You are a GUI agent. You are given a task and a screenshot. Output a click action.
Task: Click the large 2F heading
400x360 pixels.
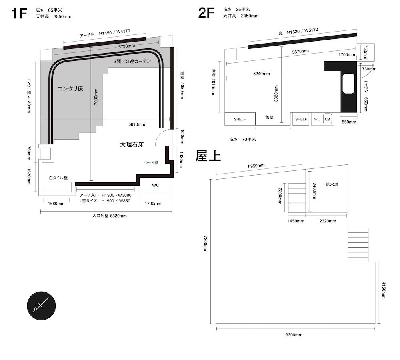coord(206,13)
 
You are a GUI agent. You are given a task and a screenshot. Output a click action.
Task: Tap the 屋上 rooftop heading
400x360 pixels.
coord(208,156)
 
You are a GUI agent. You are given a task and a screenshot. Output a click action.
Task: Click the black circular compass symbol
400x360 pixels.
coord(41,306)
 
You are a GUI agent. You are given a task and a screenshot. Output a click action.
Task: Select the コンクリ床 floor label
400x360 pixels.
coord(70,89)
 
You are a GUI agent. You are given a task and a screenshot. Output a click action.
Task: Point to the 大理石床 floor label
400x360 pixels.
coord(132,145)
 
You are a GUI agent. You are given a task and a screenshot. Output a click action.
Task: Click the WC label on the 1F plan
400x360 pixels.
coord(155,185)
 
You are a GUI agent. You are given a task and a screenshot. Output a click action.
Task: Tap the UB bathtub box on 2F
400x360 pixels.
coord(328,119)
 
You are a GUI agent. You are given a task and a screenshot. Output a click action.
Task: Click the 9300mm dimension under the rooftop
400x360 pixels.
coord(294,335)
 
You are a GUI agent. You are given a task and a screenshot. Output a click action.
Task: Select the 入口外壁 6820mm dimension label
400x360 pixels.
coord(110,216)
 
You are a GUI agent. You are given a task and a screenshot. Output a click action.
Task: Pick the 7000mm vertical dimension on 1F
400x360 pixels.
coord(96,97)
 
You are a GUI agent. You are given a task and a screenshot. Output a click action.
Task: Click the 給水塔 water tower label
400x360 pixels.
coord(332,184)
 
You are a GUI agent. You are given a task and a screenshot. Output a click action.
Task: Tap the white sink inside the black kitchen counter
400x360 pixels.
coord(348,84)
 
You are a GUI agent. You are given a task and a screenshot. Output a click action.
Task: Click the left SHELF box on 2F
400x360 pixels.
coord(240,119)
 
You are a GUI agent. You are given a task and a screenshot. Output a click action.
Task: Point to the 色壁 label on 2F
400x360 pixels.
coord(269,117)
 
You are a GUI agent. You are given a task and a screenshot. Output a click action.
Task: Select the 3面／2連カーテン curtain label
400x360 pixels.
coord(132,62)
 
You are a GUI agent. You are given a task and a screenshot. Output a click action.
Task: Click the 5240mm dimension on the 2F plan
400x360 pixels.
coord(262,74)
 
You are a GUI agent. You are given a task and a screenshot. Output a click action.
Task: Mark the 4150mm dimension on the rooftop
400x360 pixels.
coord(384,290)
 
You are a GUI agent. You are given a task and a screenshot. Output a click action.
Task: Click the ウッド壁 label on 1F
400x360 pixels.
coord(151,162)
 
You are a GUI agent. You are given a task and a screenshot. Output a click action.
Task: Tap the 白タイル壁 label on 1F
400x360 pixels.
coord(58,178)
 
